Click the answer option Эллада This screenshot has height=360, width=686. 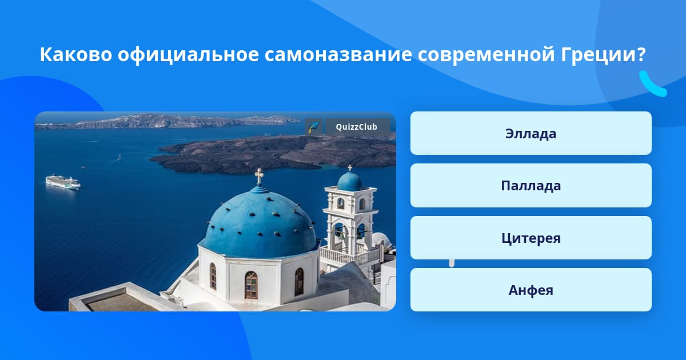531,133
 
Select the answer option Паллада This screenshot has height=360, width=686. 531,186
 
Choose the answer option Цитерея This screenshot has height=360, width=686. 531,238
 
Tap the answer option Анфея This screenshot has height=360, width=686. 531,290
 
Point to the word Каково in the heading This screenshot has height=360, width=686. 76,54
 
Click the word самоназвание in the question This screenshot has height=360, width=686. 338,54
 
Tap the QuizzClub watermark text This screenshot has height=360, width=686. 357,127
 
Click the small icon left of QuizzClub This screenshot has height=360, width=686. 314,127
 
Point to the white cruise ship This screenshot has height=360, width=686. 63,182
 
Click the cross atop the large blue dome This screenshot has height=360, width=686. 259,177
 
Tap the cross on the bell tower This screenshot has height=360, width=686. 350,168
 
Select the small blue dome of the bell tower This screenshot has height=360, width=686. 350,181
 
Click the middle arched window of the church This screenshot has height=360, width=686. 251,285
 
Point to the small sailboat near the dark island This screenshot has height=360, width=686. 119,157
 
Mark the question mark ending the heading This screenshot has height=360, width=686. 640,54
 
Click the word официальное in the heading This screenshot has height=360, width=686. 188,55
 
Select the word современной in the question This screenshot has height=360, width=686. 486,55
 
